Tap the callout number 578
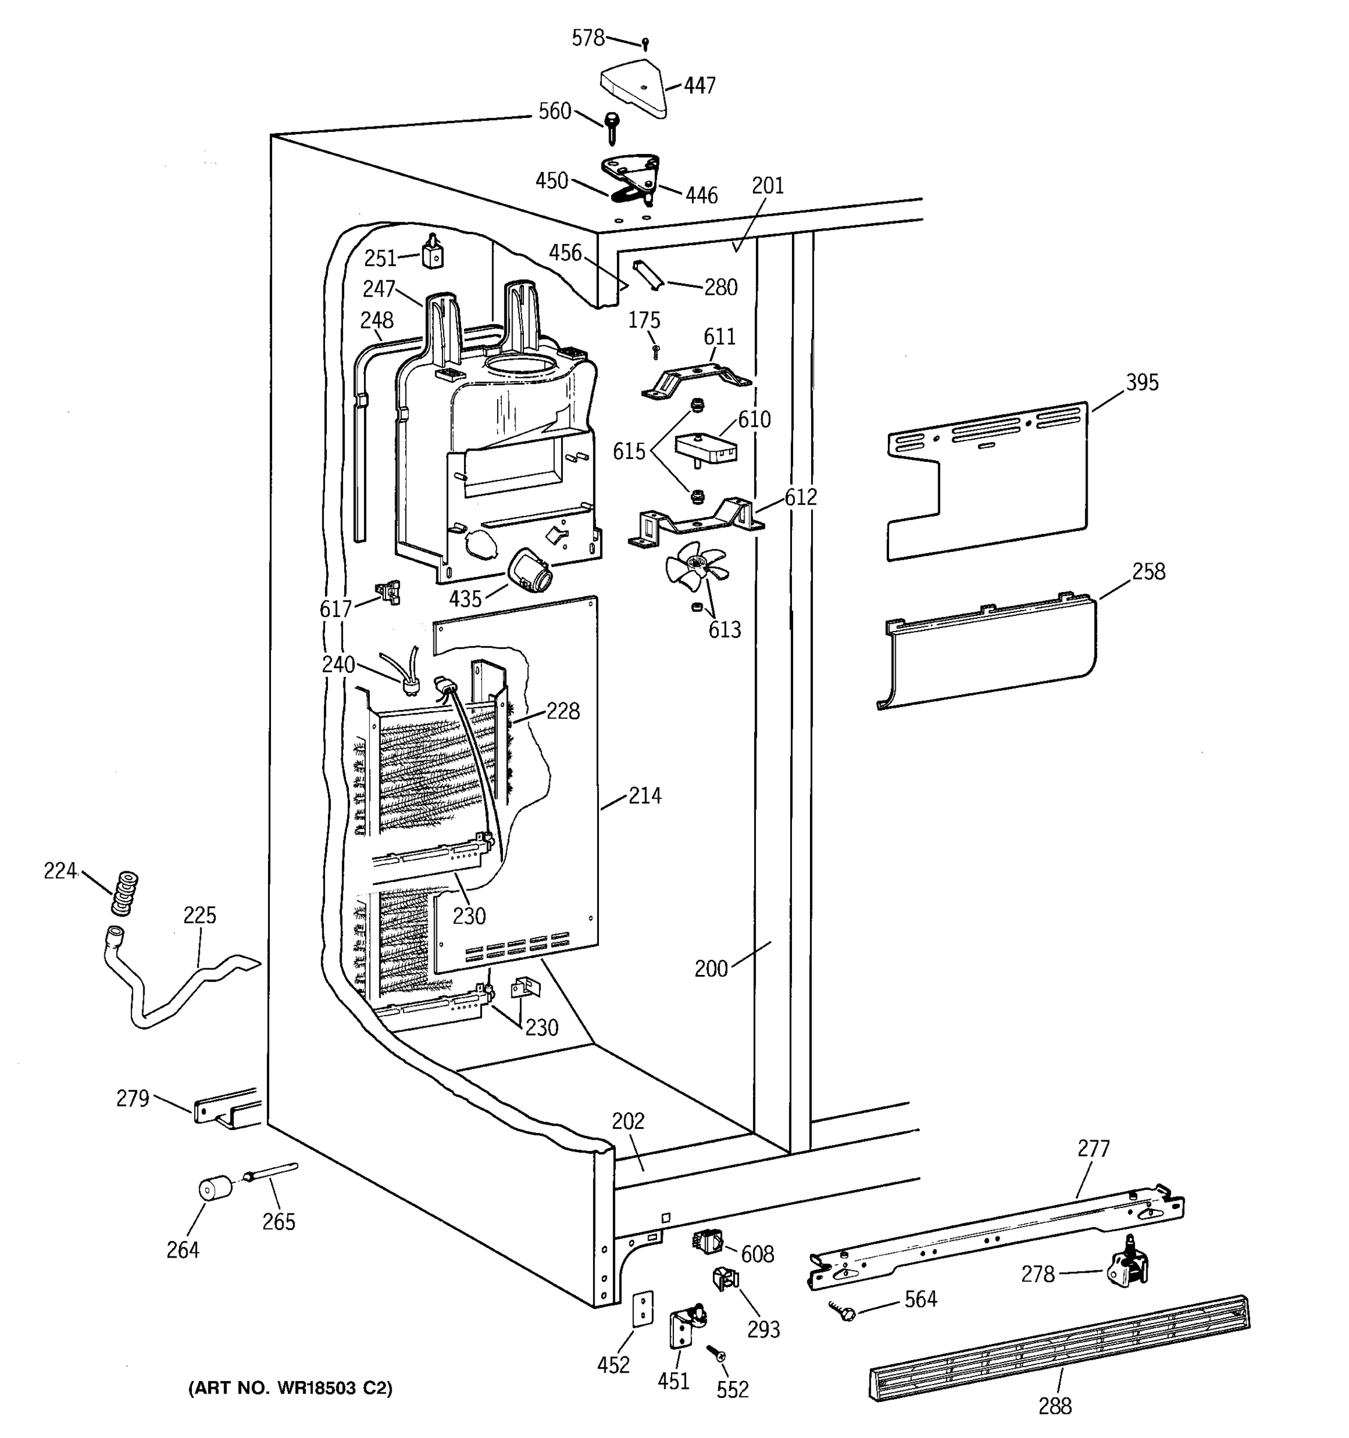[588, 38]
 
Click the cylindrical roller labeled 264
[215, 1190]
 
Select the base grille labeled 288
[1058, 1348]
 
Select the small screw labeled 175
[655, 352]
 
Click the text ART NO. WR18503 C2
[290, 1388]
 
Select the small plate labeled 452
[642, 1309]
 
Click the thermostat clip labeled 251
[432, 254]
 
